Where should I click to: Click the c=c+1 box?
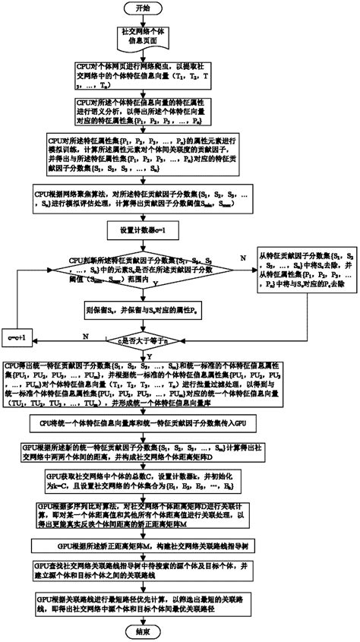point(20,335)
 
